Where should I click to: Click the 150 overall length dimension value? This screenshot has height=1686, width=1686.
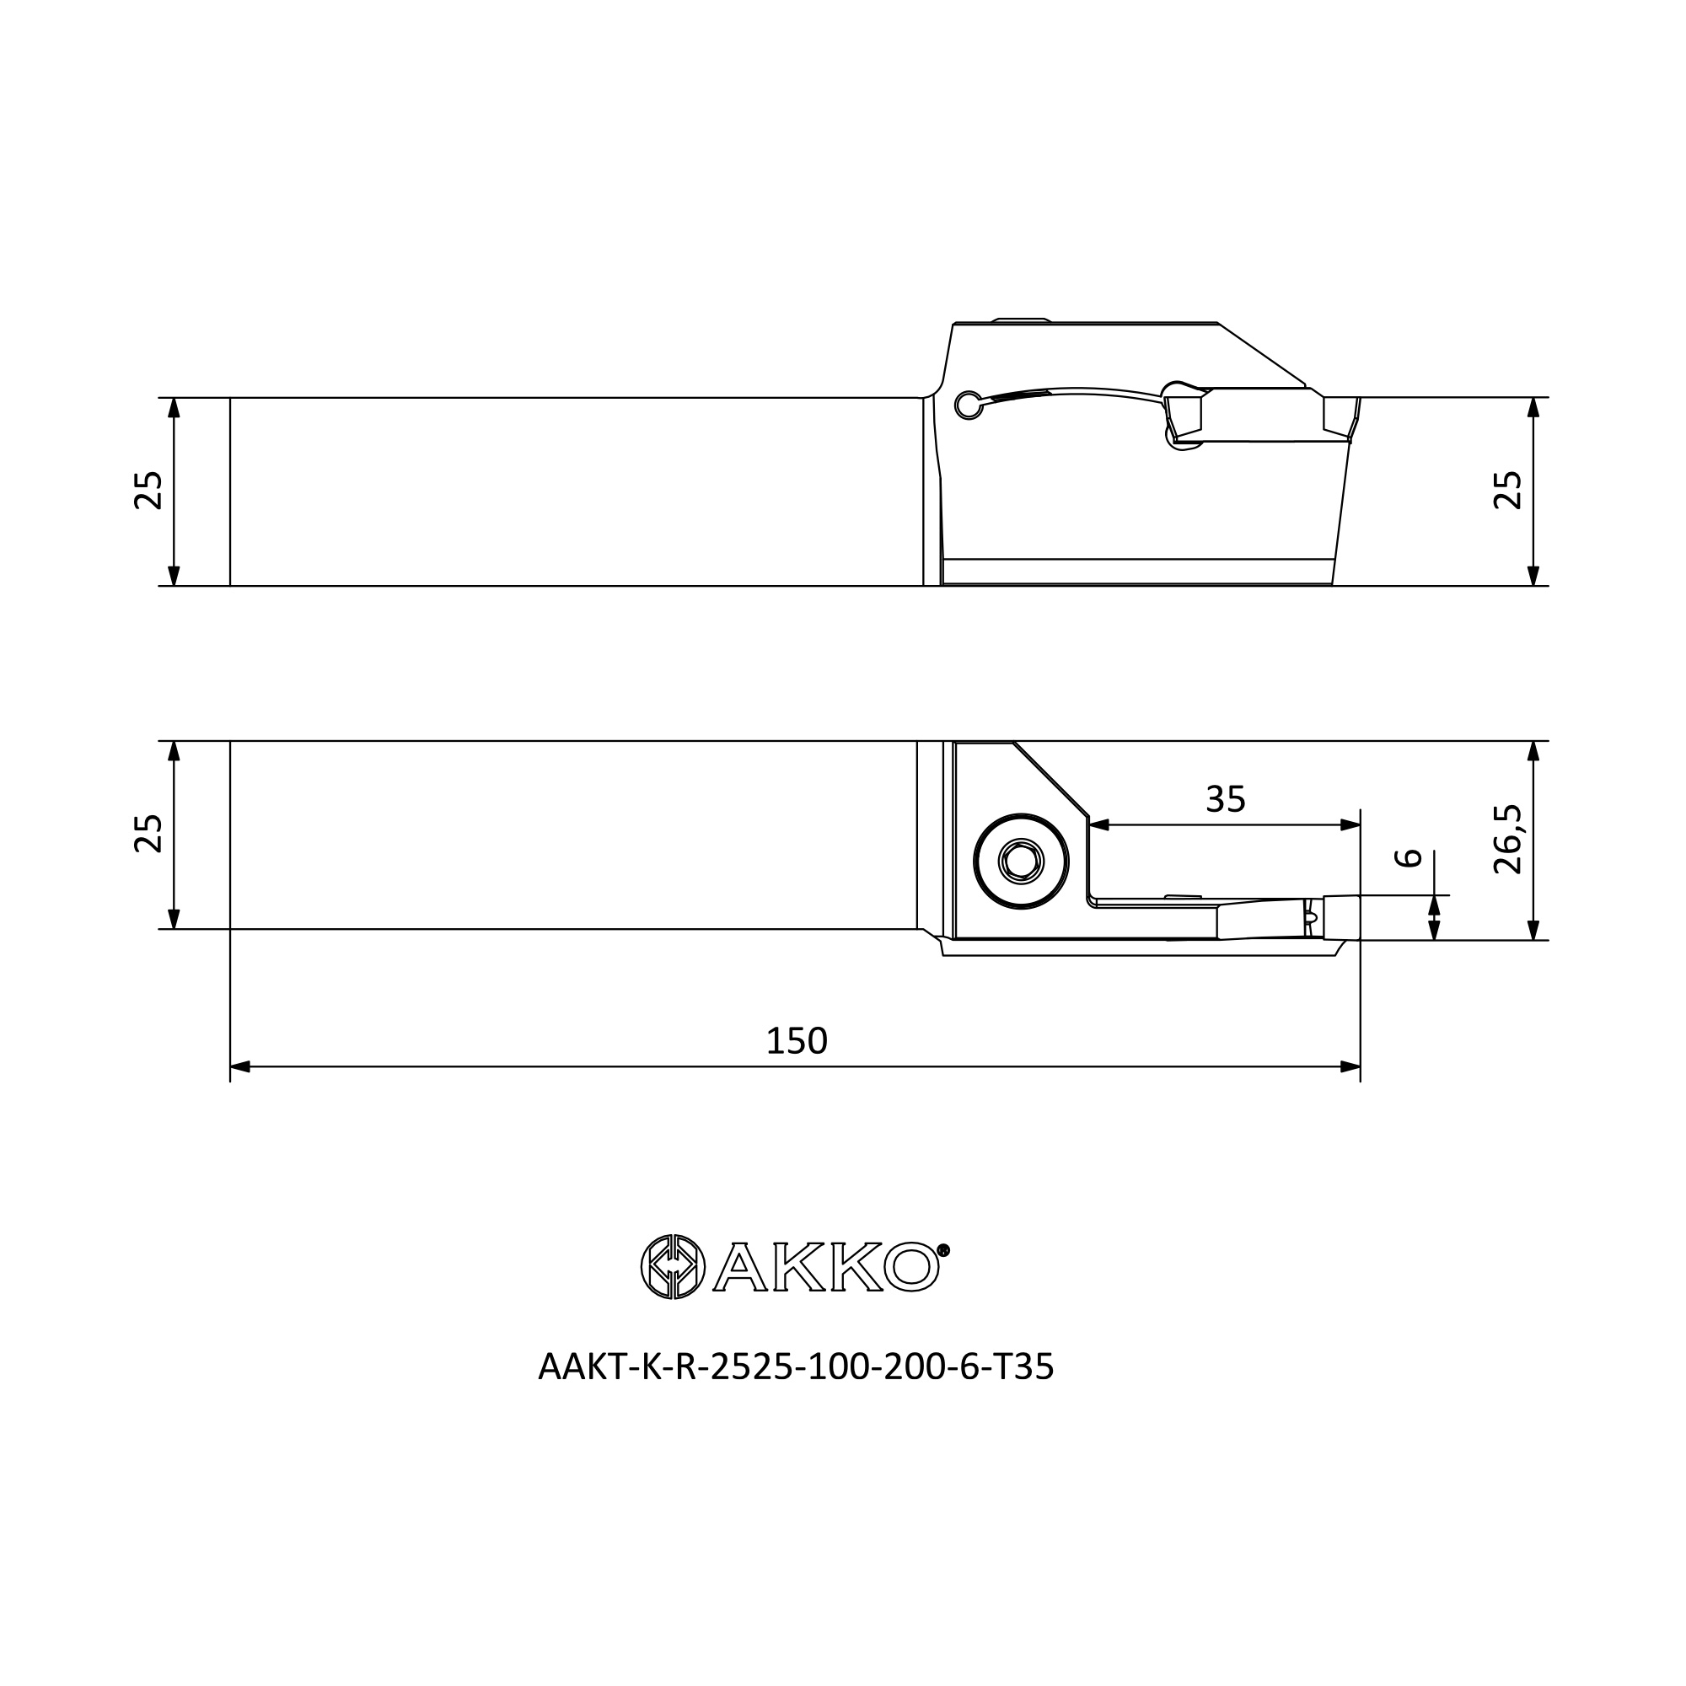pos(796,1041)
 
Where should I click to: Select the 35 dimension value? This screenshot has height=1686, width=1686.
pos(1225,799)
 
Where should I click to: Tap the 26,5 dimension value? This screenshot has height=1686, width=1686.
pos(1508,839)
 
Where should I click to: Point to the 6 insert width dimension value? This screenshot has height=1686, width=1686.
pos(1409,858)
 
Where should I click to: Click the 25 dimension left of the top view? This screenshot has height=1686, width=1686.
pos(148,491)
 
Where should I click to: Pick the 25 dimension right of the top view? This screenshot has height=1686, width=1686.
pos(1508,491)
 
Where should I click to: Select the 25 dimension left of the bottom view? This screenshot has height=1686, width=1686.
pos(148,834)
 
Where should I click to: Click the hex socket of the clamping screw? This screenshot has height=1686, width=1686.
pos(1021,862)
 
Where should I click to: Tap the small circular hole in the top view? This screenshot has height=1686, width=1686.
pos(968,405)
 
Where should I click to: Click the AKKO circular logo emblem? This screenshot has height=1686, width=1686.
pos(672,1266)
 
